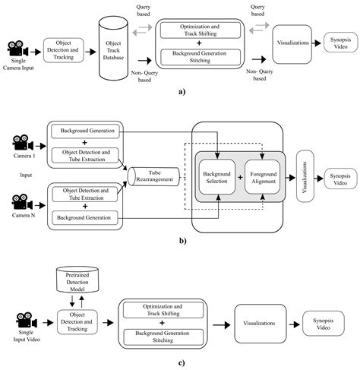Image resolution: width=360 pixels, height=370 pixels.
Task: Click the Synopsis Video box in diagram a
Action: coord(335,43)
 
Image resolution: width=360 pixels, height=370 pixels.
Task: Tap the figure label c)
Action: coord(180,361)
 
